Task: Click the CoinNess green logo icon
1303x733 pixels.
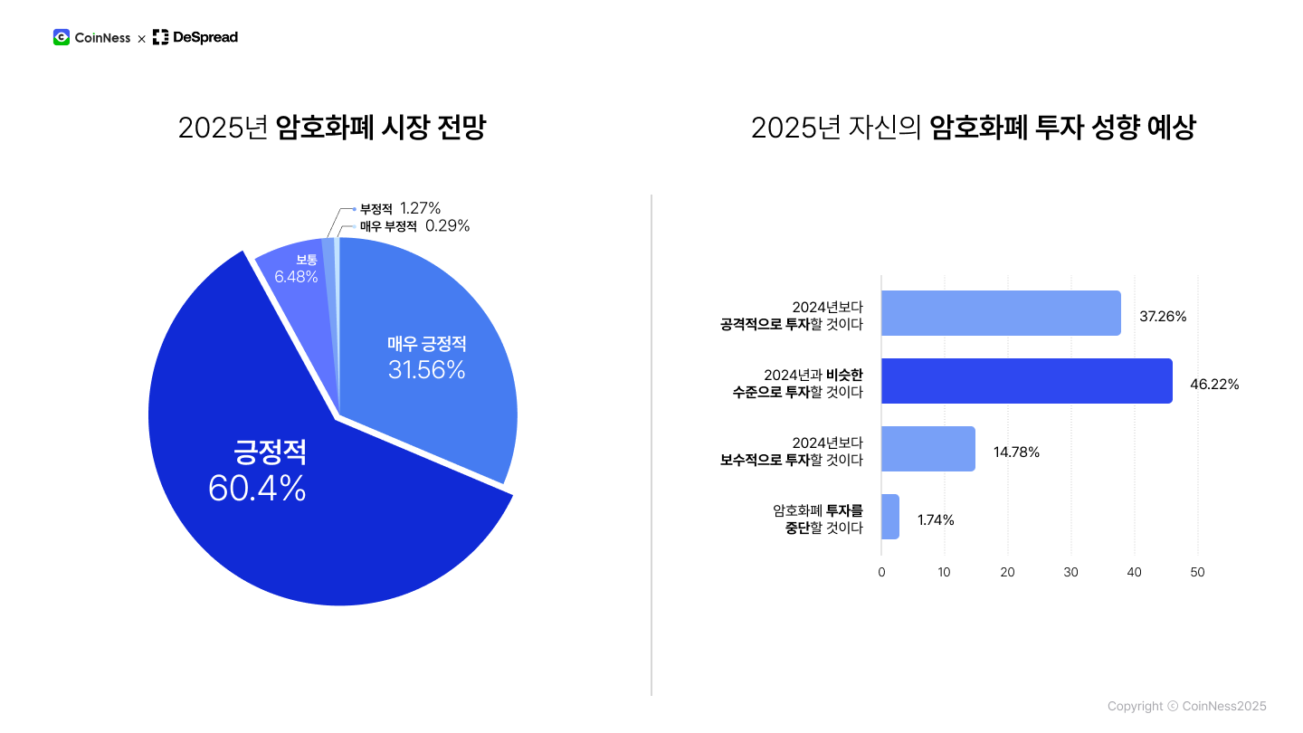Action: click(62, 37)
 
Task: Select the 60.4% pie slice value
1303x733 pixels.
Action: click(257, 489)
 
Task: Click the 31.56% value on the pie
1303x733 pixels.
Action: click(426, 369)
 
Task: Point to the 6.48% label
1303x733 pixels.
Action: click(296, 276)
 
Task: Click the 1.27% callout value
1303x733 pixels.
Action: click(420, 208)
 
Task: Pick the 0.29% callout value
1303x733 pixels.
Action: click(447, 226)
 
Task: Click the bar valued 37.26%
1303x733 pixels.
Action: click(1001, 313)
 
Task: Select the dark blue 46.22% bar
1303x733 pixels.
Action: click(1026, 381)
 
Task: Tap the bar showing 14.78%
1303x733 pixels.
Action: click(928, 449)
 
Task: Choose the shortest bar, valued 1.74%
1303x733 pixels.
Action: click(890, 517)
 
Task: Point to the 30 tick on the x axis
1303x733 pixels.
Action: click(1071, 572)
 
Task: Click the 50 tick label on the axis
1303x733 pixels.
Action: click(1197, 572)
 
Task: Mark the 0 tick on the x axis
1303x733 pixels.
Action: click(881, 572)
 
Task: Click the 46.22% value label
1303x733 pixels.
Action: click(1214, 385)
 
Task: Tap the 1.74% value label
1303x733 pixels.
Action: click(936, 520)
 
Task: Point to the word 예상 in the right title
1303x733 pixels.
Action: click(1171, 128)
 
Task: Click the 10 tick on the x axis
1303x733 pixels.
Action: click(944, 572)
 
